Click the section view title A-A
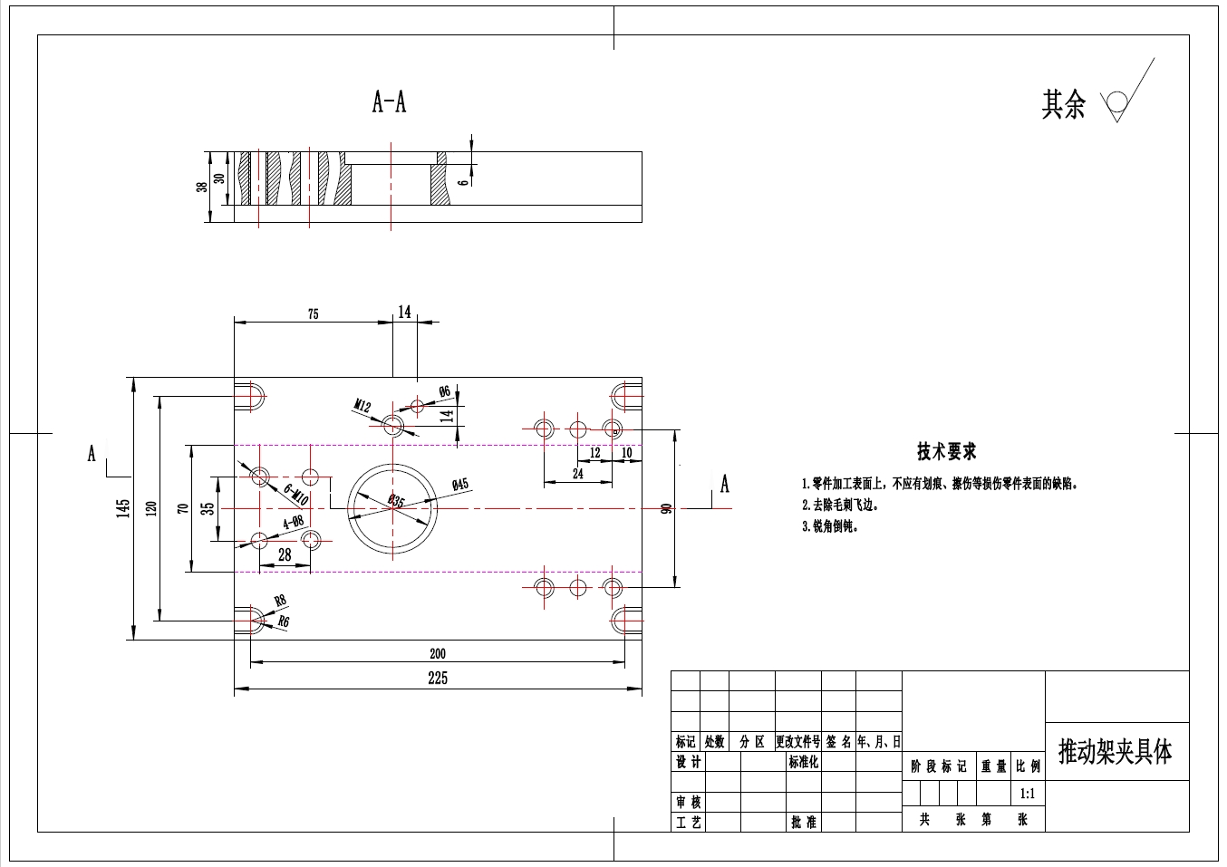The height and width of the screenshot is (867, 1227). click(x=389, y=101)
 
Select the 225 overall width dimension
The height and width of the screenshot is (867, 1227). click(x=437, y=679)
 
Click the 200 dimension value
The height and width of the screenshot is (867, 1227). click(x=437, y=653)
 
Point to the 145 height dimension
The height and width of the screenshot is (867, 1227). click(x=123, y=508)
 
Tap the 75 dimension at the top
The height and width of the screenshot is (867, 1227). click(x=313, y=314)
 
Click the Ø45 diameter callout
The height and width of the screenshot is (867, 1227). click(x=459, y=485)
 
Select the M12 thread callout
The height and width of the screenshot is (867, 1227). click(x=362, y=406)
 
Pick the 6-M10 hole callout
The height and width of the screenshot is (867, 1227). click(x=295, y=494)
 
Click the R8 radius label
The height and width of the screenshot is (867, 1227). click(x=280, y=601)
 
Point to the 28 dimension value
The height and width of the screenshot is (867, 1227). click(x=285, y=555)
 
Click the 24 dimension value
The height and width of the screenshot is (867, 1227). click(x=578, y=473)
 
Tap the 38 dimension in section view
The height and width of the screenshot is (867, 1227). click(x=201, y=187)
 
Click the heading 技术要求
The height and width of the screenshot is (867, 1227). click(x=946, y=451)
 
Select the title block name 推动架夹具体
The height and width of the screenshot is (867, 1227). click(x=1116, y=752)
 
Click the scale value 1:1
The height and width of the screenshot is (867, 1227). click(x=1027, y=795)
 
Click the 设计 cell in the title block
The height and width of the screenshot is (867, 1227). click(x=688, y=762)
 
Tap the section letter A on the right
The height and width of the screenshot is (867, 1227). click(x=724, y=485)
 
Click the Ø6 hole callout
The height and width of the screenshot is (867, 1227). click(x=444, y=391)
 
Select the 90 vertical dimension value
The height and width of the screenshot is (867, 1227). click(x=667, y=509)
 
